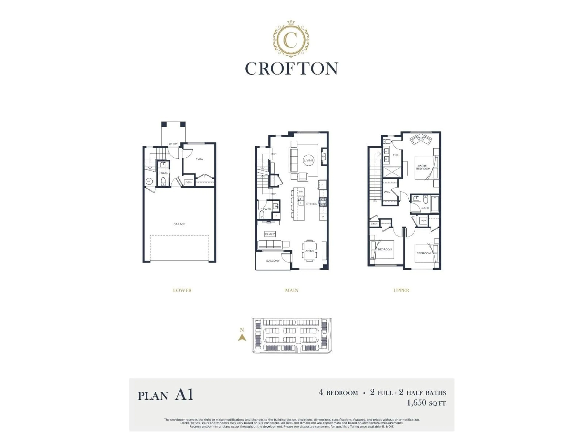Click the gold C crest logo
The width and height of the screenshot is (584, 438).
291,39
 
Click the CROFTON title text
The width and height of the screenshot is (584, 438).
292,69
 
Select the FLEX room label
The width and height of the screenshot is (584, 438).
199,159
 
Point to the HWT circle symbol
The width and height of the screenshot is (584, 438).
149,181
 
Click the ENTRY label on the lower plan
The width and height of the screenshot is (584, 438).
173,144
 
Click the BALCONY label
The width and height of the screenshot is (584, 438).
273,261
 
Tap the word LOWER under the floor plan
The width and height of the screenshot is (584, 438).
182,290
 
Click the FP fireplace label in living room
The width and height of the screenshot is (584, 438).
323,156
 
